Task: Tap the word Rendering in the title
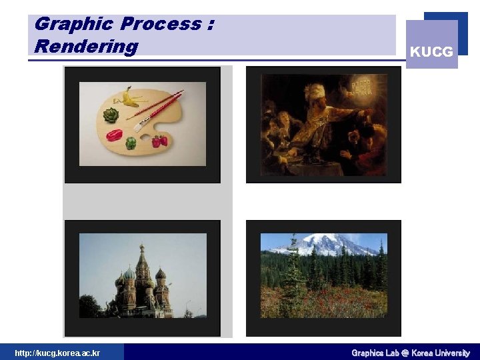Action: coord(86,47)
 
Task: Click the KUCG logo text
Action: coord(431,51)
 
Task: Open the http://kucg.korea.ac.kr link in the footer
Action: coord(57,353)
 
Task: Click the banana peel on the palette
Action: coord(129,99)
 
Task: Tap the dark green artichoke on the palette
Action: coord(111,115)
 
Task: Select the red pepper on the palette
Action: coord(114,135)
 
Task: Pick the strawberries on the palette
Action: coord(159,141)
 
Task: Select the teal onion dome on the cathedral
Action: coord(129,273)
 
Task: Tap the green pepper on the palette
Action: coord(131,143)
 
